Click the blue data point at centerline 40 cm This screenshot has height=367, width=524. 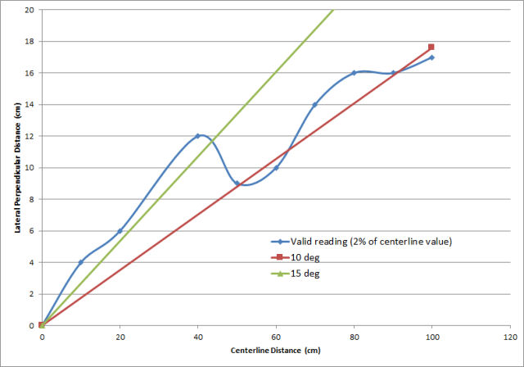point(198,136)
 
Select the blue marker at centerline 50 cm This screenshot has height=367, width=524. point(237,183)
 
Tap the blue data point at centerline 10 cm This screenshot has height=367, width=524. point(80,262)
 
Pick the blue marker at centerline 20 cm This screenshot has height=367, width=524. point(120,231)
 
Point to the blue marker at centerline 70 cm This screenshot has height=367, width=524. point(314,105)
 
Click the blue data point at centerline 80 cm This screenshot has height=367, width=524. point(354,73)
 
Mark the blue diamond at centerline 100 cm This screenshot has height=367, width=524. point(431,57)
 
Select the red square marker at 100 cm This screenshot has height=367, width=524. point(431,48)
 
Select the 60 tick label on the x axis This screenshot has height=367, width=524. point(276,336)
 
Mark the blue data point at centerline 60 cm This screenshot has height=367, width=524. point(276,168)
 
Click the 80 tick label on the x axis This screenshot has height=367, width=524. point(354,336)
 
